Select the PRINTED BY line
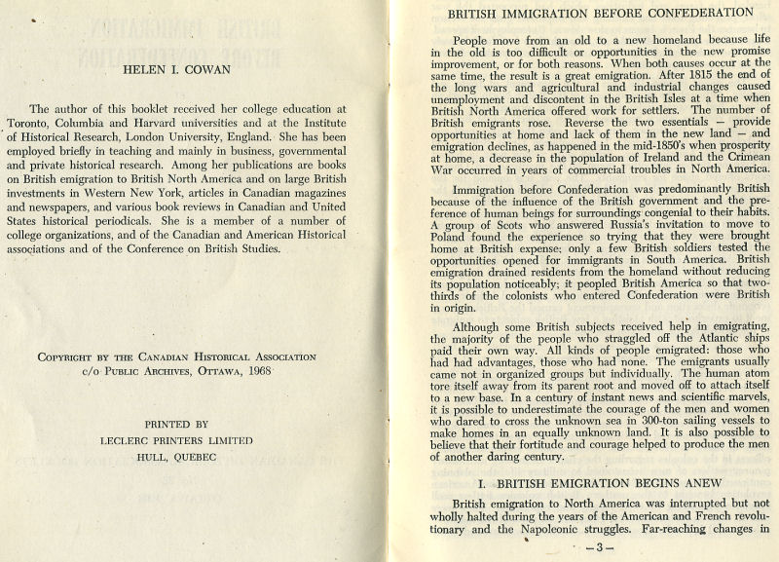[176, 425]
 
